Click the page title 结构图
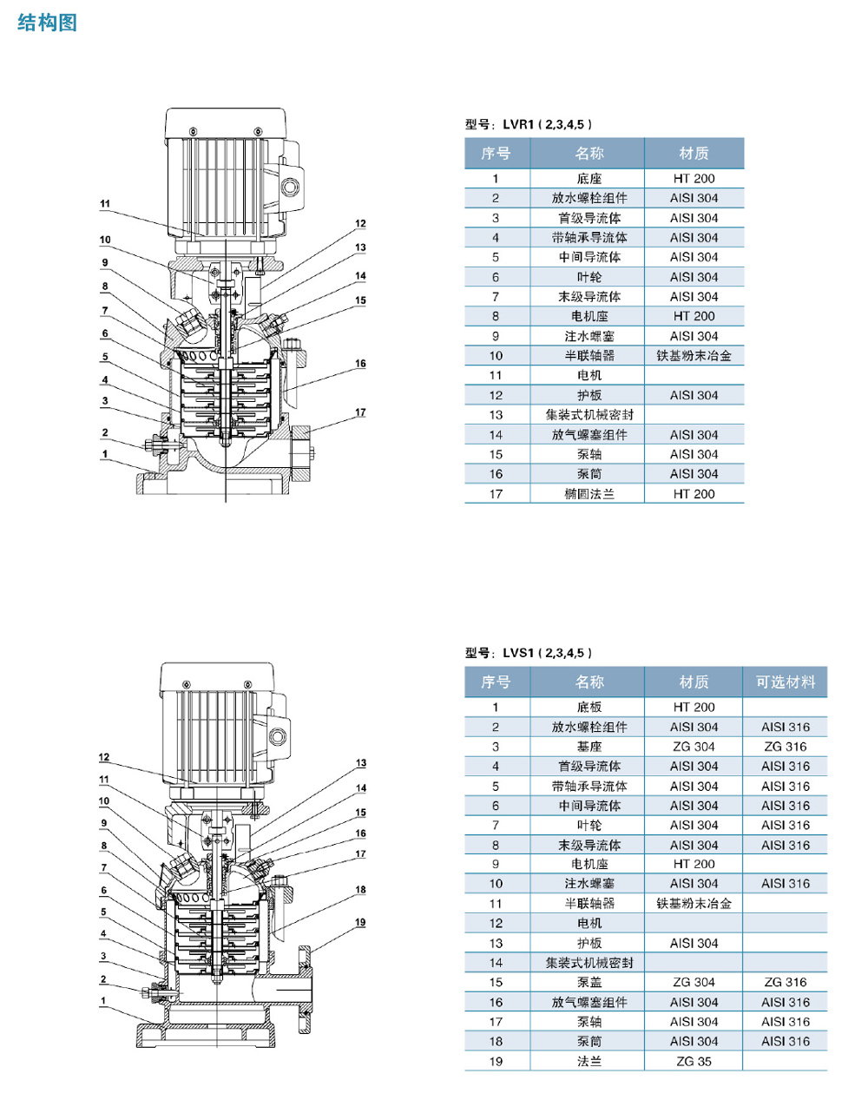[x=47, y=23]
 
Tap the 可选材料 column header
[x=785, y=682]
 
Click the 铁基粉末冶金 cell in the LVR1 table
[x=694, y=356]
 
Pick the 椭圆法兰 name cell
[x=589, y=494]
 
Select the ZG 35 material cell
[x=694, y=1061]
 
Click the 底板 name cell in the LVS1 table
[x=589, y=708]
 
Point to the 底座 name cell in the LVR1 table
[x=589, y=179]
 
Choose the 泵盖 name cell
[x=589, y=983]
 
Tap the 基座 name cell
[x=589, y=747]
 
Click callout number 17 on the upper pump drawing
[x=360, y=412]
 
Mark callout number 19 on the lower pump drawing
[x=360, y=922]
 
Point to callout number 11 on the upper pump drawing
[x=105, y=204]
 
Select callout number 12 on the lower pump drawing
[x=104, y=757]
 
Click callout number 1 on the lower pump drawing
[x=103, y=1001]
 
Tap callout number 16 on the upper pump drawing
[x=360, y=364]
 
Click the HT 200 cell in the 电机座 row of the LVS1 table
[x=694, y=865]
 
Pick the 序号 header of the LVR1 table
[x=496, y=154]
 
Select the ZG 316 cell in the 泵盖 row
[x=785, y=983]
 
